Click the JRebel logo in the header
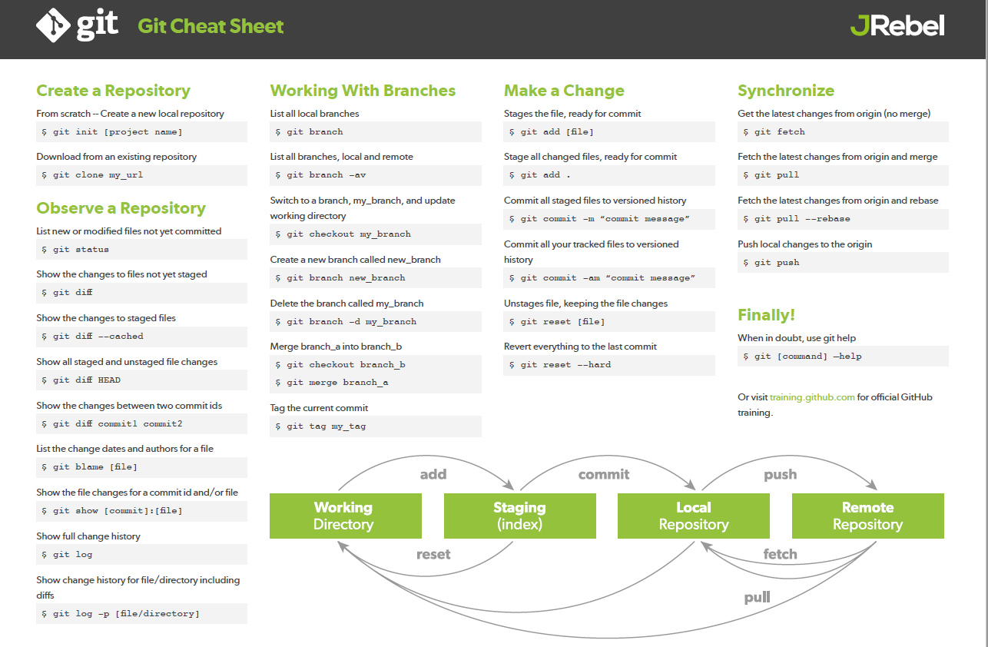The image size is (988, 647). [897, 26]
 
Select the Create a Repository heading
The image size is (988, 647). [113, 91]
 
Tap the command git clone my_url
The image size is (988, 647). [94, 175]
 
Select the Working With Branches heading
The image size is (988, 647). [363, 91]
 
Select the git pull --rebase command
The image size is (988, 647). [801, 219]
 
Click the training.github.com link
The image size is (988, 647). [812, 397]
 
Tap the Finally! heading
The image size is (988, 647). [766, 315]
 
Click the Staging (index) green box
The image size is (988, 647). [519, 516]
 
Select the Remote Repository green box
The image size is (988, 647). [867, 516]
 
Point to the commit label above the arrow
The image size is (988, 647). [604, 475]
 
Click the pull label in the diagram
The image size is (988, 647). [757, 597]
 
